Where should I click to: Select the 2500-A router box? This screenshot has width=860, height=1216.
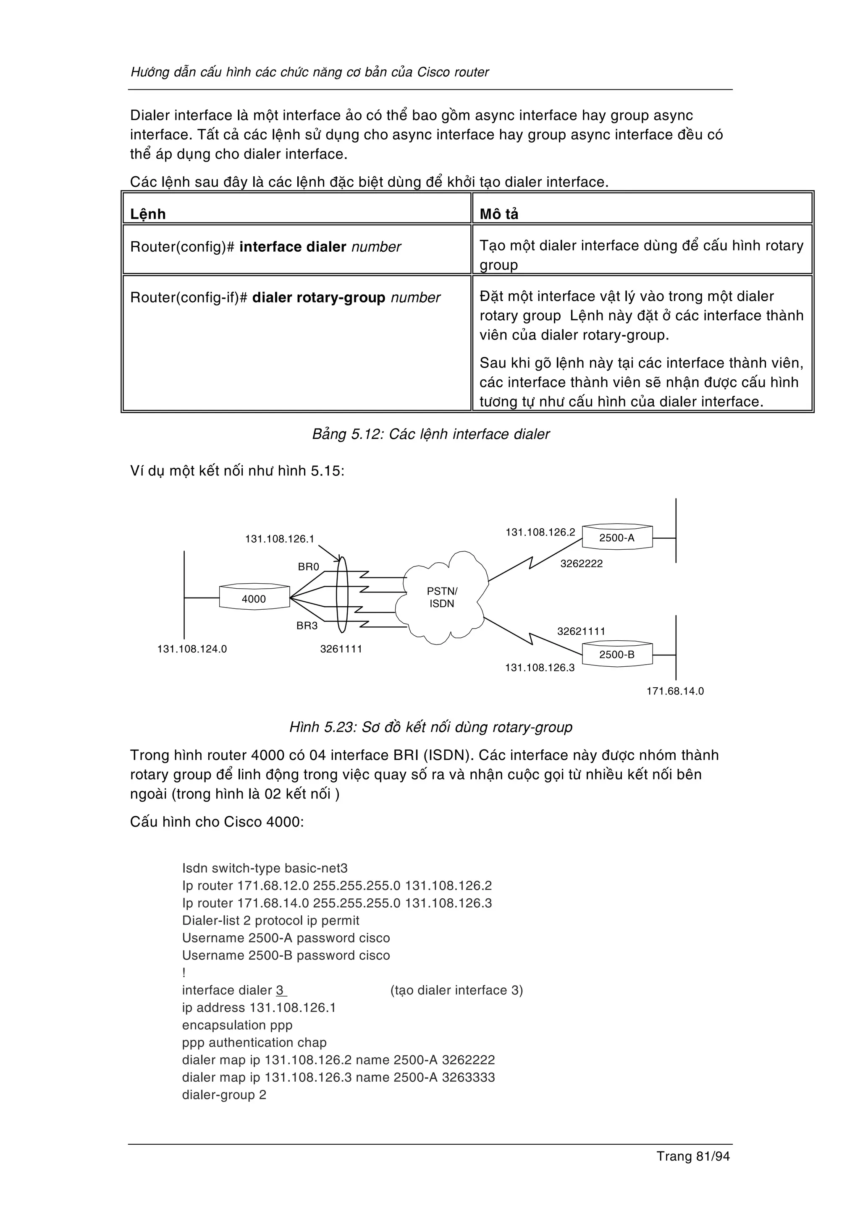pos(617,538)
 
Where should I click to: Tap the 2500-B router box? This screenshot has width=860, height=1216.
pos(617,655)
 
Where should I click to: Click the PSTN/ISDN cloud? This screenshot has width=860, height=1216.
pos(443,598)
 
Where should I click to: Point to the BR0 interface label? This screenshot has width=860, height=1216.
pos(308,567)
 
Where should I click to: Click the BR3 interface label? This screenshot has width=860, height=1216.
pos(307,626)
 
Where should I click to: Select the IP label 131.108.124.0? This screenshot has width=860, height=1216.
pos(192,649)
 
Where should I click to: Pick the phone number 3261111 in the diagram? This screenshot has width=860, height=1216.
pos(341,649)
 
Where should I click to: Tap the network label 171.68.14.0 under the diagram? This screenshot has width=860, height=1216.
pos(675,691)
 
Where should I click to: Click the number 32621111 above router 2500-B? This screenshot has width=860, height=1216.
pos(581,631)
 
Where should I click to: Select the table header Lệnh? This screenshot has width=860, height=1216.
pos(148,214)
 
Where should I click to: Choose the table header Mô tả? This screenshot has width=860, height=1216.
pos(498,214)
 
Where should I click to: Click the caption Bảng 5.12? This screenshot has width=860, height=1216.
pos(430,434)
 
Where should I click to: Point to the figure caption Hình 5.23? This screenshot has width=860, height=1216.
pos(430,727)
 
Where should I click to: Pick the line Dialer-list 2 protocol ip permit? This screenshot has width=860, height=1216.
pos(270,921)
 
